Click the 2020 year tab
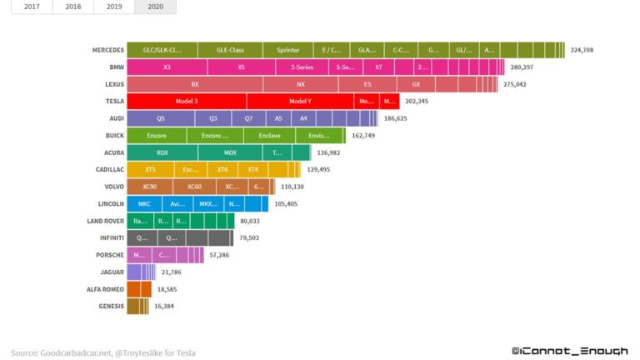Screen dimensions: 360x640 click(x=155, y=7)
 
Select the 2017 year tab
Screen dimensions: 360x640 click(x=32, y=7)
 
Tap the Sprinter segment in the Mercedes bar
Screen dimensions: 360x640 click(x=287, y=50)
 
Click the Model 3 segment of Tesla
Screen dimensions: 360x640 click(x=187, y=101)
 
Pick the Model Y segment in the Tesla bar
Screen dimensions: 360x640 click(x=300, y=101)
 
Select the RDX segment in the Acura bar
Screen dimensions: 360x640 click(x=162, y=152)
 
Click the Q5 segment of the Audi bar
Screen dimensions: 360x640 click(x=161, y=118)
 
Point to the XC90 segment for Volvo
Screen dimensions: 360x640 click(x=150, y=187)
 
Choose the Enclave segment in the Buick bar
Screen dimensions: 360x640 click(x=269, y=135)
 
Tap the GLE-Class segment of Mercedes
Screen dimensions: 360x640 click(x=230, y=50)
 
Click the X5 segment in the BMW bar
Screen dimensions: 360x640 click(x=242, y=67)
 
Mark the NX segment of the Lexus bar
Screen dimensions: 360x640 click(x=300, y=84)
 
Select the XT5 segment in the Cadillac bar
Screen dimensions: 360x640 click(x=150, y=169)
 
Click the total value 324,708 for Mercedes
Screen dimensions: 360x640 click(x=582, y=50)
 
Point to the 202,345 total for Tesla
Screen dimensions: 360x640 click(x=417, y=101)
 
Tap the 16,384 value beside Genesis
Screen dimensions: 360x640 click(x=166, y=306)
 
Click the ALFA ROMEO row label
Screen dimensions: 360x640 click(x=107, y=289)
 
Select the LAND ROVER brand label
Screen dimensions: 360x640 click(x=106, y=221)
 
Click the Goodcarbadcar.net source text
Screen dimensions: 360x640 click(x=75, y=352)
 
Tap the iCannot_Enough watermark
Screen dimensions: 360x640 click(x=569, y=352)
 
